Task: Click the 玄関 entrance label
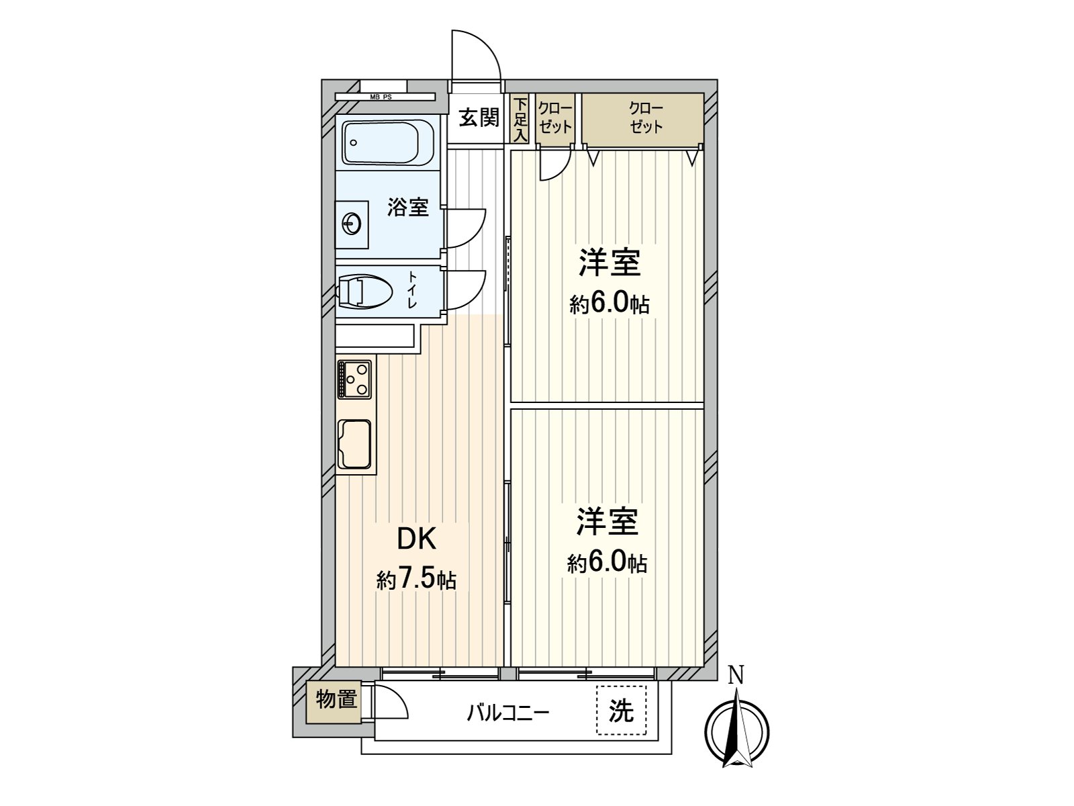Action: (479, 118)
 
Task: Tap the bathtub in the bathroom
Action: (381, 142)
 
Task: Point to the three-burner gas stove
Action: (354, 379)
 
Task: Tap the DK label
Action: (416, 539)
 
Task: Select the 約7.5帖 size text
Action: (416, 580)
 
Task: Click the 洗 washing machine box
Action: (622, 710)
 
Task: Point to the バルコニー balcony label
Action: (508, 713)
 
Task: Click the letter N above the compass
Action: (736, 675)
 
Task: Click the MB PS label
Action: (381, 97)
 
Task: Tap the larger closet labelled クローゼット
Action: (642, 118)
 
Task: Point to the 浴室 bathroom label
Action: (407, 207)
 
